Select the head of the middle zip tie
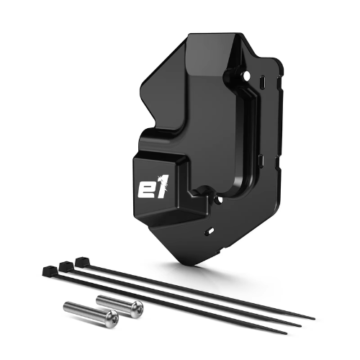66,265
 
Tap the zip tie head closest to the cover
81,261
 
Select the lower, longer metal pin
91,317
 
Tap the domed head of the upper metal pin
138,308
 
